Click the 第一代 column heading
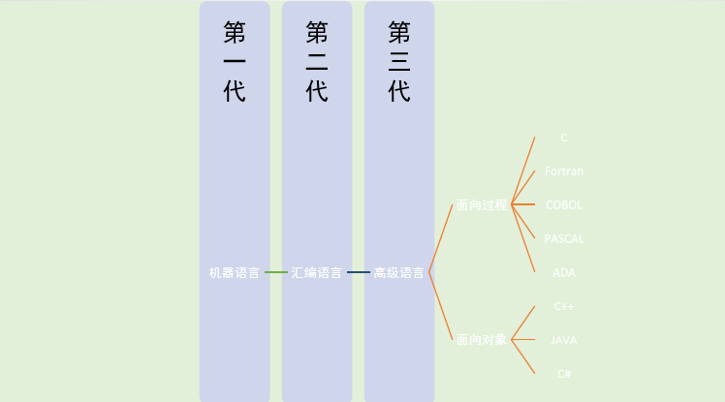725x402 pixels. [235, 62]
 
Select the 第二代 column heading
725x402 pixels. [317, 62]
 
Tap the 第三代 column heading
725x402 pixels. [399, 62]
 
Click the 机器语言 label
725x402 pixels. [235, 273]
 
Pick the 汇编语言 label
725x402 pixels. [317, 273]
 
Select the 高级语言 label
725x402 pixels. [399, 273]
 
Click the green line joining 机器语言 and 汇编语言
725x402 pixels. [276, 273]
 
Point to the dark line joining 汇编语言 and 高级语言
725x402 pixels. [359, 273]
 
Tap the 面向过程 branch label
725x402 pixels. [481, 205]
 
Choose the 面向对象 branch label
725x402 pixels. [481, 340]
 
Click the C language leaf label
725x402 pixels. [564, 138]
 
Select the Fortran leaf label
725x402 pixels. [564, 171]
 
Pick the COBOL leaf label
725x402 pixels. [564, 205]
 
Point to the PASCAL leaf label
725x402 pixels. [564, 238]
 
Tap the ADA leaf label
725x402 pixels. [564, 272]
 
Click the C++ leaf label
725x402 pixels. [564, 306]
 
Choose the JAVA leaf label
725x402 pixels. [564, 340]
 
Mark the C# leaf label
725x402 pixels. [564, 373]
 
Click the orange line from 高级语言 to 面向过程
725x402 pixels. [441, 239]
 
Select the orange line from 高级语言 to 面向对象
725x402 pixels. [441, 306]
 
